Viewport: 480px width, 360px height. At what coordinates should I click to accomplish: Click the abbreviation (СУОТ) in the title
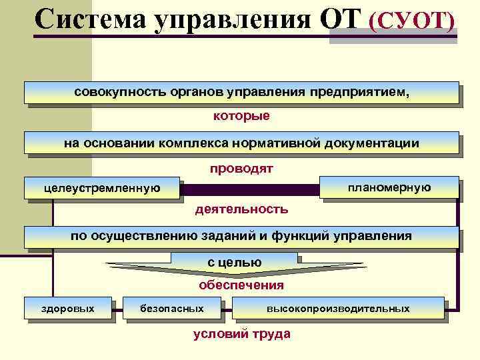tap(416, 21)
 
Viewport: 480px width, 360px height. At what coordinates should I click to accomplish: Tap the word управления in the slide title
tap(233, 21)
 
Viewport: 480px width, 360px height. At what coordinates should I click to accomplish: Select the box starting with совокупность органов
tap(241, 92)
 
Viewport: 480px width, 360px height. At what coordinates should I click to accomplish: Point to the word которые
tap(241, 116)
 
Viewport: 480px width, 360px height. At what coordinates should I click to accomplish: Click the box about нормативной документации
tap(241, 143)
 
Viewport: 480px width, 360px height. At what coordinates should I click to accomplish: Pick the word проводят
tap(241, 169)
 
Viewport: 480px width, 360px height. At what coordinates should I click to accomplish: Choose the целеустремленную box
tap(102, 188)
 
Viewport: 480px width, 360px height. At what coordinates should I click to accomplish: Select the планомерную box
tap(389, 187)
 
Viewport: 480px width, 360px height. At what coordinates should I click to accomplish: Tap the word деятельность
tap(241, 209)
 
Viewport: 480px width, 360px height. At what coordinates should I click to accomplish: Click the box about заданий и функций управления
tap(241, 237)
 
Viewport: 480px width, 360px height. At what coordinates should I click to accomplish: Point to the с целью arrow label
tap(234, 263)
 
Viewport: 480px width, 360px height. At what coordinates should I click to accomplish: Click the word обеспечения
tap(241, 285)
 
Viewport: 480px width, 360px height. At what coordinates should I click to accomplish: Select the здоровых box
tap(68, 309)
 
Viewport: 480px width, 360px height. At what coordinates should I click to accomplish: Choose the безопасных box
tap(172, 309)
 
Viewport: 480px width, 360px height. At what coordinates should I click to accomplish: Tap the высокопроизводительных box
tap(338, 309)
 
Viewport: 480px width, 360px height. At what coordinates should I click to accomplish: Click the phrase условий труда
tap(241, 334)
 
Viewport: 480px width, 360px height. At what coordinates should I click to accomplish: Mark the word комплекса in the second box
tap(191, 143)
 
